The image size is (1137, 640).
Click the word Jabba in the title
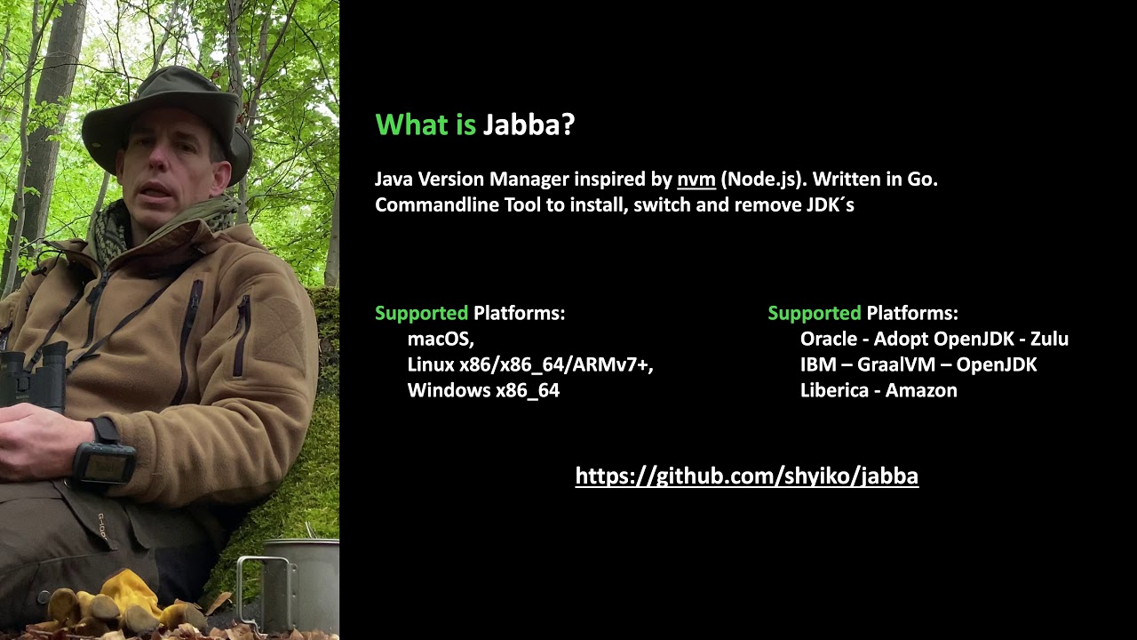point(529,125)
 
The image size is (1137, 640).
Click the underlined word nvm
point(696,180)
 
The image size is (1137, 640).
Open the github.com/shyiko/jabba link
point(746,476)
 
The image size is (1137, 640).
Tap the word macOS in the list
point(441,339)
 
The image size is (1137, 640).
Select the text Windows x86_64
point(483,390)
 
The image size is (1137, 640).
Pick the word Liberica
point(834,390)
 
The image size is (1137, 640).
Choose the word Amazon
point(921,390)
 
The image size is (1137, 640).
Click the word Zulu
point(1049,339)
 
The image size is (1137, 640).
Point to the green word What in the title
point(412,125)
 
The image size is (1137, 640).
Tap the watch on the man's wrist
point(106,458)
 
